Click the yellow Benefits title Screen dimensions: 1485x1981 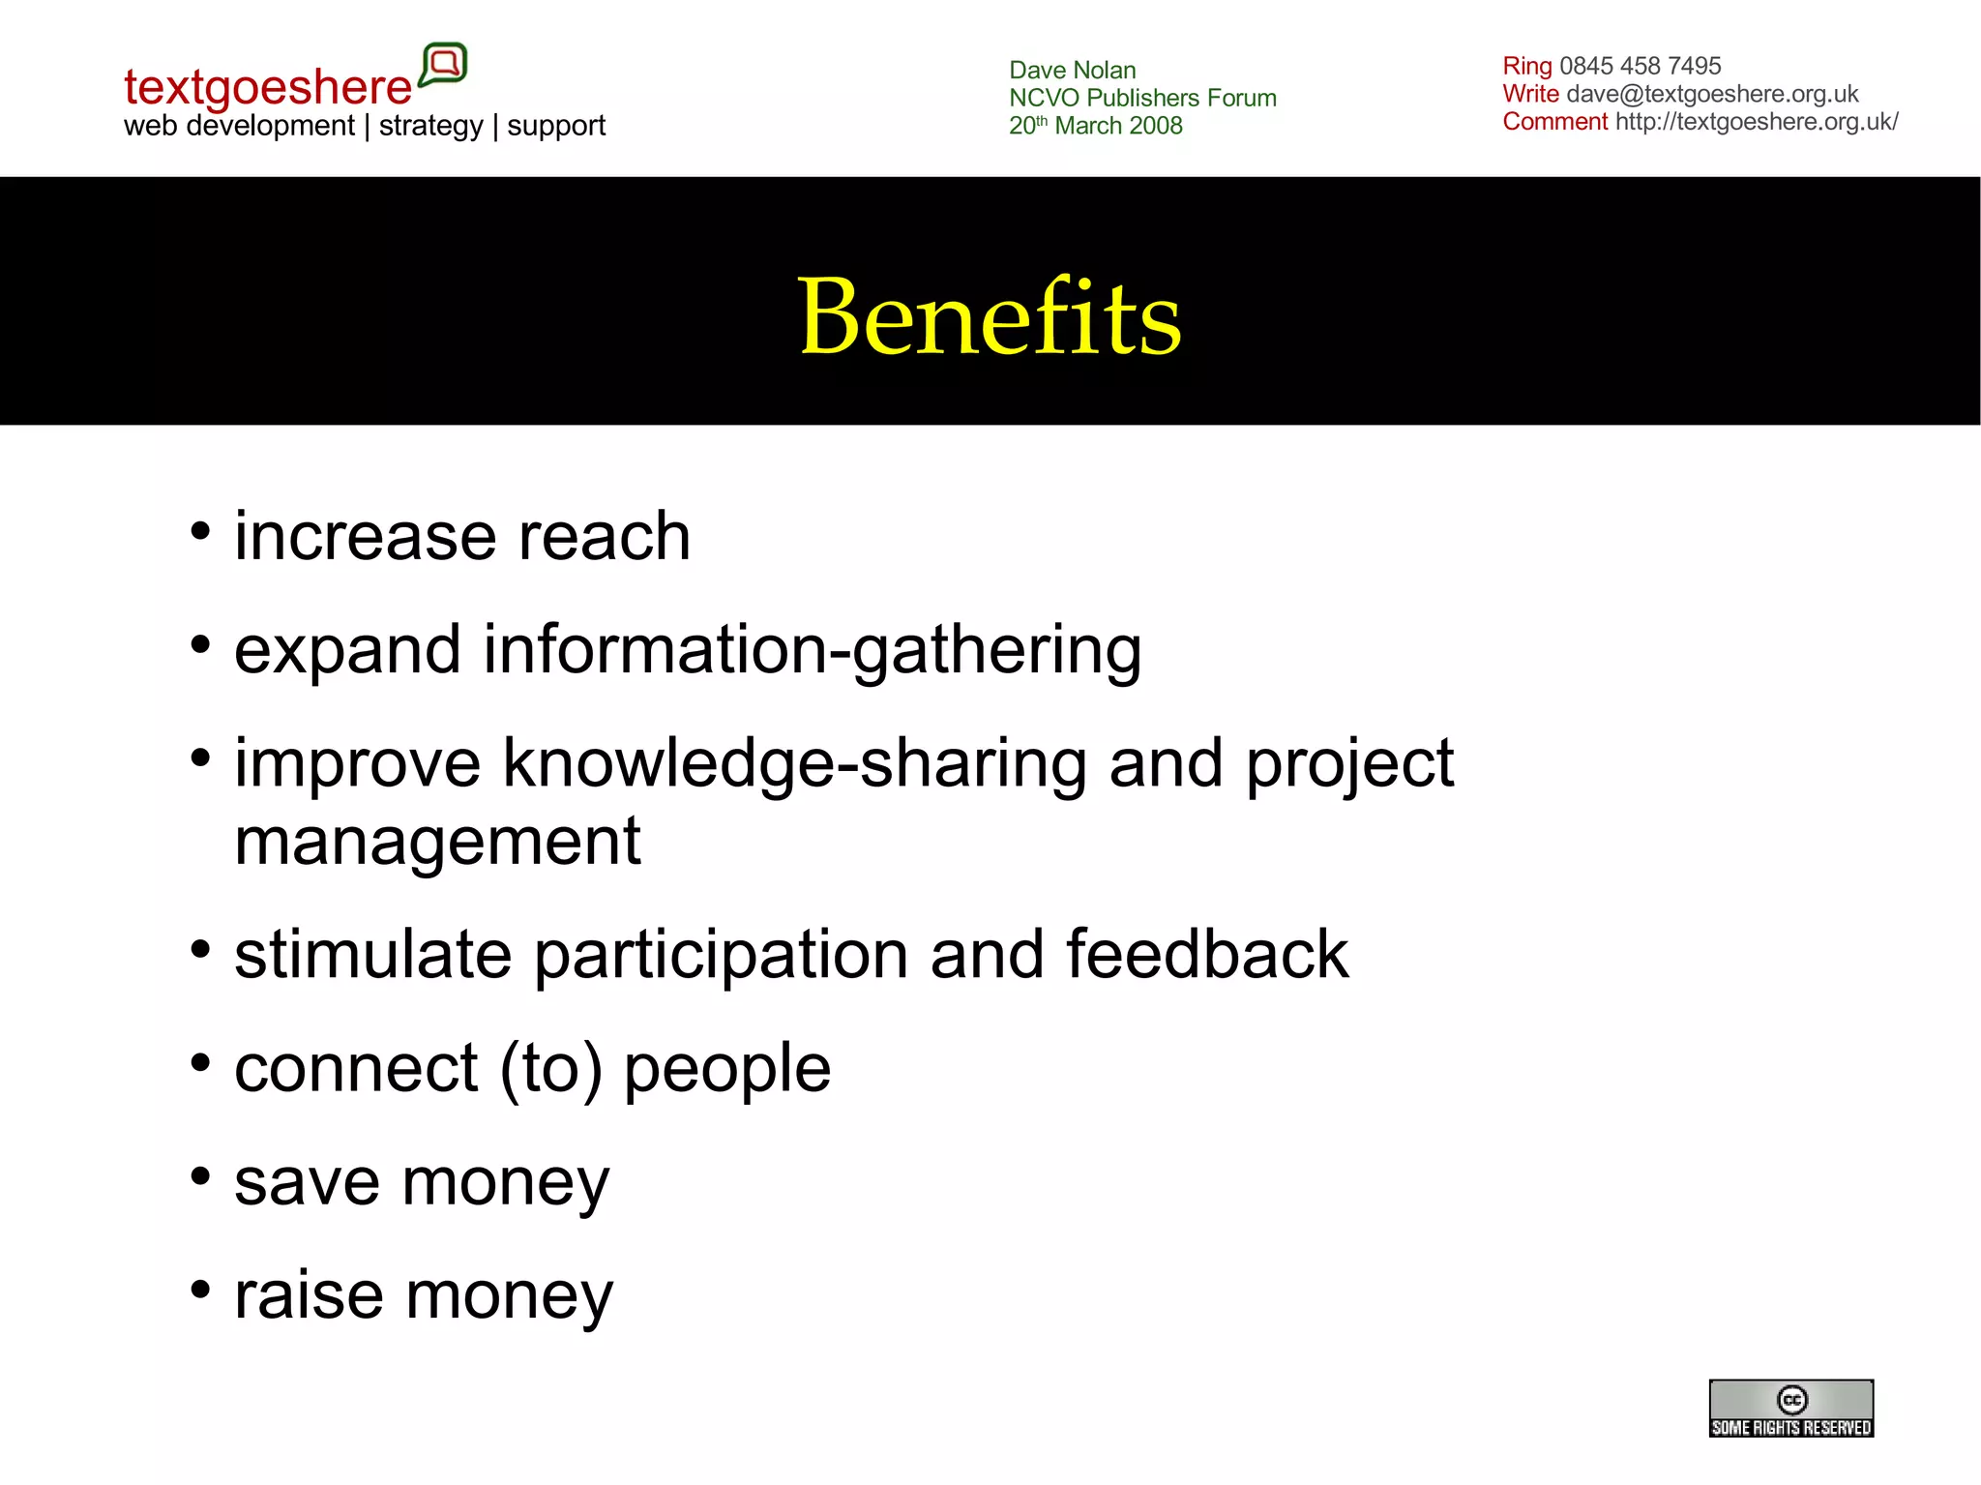click(990, 316)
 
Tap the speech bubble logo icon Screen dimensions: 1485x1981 click(444, 65)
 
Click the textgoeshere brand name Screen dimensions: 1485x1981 click(268, 87)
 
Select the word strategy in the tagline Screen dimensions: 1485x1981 click(430, 126)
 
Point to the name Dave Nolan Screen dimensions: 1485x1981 click(1072, 70)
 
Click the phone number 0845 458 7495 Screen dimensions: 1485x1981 click(1640, 66)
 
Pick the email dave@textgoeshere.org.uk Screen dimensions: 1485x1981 click(1712, 94)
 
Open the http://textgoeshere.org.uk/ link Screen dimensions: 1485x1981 click(1756, 122)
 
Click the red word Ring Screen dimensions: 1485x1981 click(1526, 66)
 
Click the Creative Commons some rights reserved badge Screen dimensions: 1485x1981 click(1790, 1408)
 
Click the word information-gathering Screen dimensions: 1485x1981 click(813, 649)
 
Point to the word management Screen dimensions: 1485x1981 click(437, 841)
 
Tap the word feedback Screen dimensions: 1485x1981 click(1206, 955)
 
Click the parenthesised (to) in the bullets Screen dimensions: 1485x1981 click(550, 1069)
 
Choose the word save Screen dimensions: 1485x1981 click(308, 1182)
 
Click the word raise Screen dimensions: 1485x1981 click(310, 1296)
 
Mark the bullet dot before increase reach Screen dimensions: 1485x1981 click(200, 531)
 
